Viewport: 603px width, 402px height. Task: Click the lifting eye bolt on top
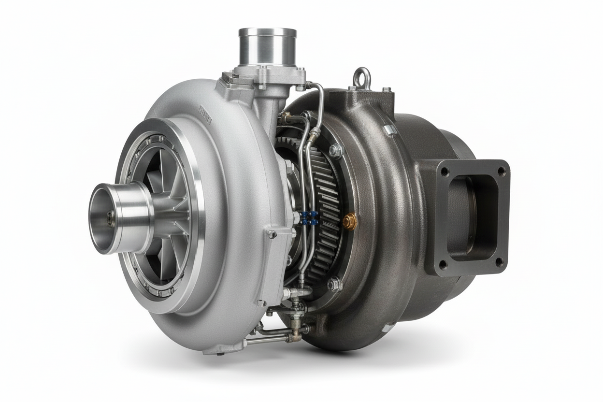[x=362, y=78]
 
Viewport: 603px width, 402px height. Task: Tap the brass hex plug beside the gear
[x=350, y=221]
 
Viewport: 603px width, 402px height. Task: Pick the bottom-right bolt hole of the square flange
[x=500, y=261]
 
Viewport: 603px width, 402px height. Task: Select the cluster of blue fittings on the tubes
[x=309, y=218]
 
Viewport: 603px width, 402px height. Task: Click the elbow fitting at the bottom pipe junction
[x=293, y=335]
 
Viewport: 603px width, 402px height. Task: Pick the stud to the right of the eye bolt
[x=386, y=89]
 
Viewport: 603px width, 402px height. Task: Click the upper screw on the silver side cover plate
[x=272, y=234]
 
